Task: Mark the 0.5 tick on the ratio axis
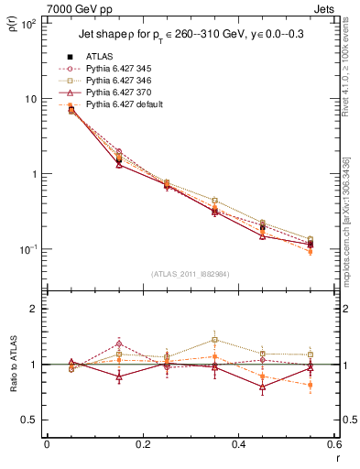pos(32,420)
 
